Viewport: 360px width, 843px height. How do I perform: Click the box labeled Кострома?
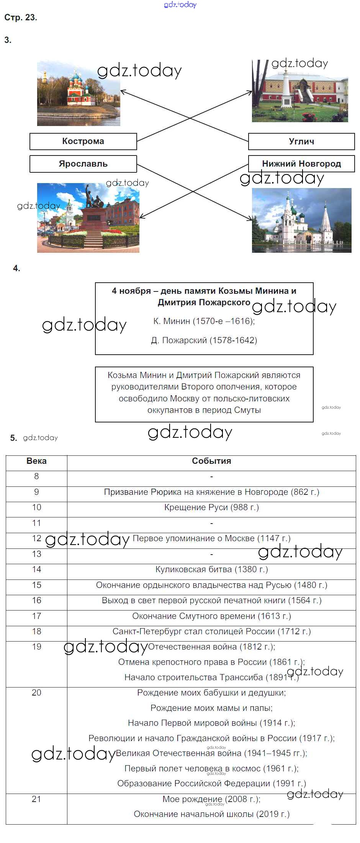[x=83, y=141]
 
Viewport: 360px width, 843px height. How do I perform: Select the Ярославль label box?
[x=83, y=164]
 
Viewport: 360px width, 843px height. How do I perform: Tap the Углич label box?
[x=301, y=141]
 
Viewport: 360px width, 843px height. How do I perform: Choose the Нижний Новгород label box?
[x=301, y=164]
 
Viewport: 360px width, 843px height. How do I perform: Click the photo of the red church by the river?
[x=79, y=94]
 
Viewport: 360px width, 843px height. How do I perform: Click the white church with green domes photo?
[x=301, y=220]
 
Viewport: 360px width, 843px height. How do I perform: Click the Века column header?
[x=36, y=461]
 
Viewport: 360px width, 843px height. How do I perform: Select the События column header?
[x=211, y=461]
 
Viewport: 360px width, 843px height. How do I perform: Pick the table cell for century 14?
[x=36, y=570]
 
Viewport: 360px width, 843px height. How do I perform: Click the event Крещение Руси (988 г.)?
[x=211, y=507]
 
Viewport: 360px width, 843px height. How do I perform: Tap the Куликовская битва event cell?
[x=211, y=570]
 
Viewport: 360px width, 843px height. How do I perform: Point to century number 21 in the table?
[x=36, y=799]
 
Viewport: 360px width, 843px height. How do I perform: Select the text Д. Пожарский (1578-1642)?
[x=204, y=340]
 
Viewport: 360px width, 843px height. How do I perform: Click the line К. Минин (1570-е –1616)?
[x=204, y=321]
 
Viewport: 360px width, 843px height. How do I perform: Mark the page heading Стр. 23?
[x=21, y=17]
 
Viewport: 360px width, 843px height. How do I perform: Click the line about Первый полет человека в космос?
[x=211, y=769]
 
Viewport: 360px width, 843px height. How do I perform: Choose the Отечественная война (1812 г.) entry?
[x=211, y=647]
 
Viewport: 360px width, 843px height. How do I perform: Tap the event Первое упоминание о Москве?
[x=211, y=539]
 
